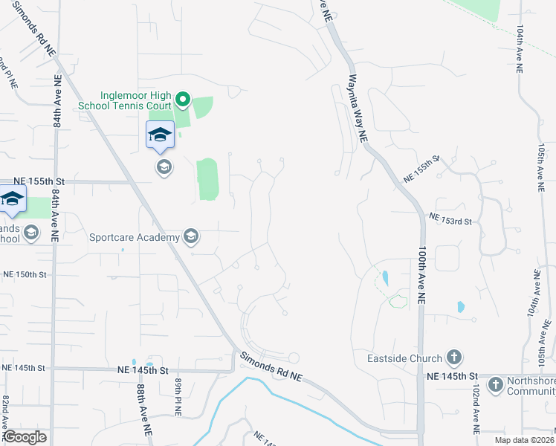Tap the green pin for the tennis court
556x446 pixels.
click(183, 99)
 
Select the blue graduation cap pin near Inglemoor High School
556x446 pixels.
click(160, 135)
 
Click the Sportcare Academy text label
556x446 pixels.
click(135, 238)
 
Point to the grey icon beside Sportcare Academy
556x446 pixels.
click(191, 237)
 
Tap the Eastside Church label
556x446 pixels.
click(405, 358)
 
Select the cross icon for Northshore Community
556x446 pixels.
click(496, 385)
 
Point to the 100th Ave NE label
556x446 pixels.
click(421, 275)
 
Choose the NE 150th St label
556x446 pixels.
click(25, 274)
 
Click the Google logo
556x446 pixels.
click(25, 438)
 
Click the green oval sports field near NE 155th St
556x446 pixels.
click(207, 179)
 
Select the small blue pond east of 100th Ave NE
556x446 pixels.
click(461, 306)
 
